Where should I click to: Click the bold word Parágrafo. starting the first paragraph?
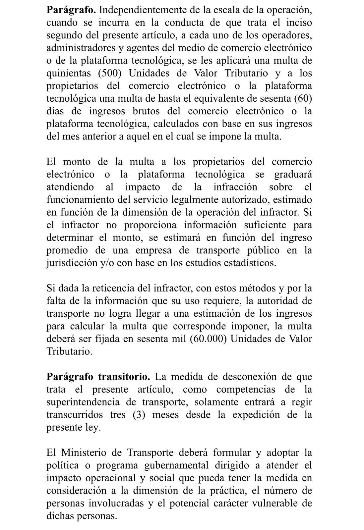[71, 10]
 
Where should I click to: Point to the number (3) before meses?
[139, 415]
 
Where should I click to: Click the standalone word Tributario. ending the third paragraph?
[69, 351]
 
